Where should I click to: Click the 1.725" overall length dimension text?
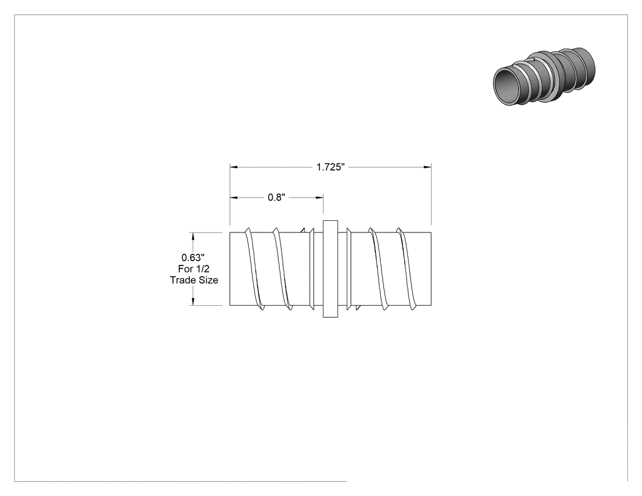point(331,167)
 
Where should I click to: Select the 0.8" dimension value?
point(276,198)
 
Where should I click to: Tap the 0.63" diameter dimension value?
point(193,257)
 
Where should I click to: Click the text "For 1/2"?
point(194,268)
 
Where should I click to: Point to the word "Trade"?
point(182,280)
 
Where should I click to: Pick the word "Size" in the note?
point(207,280)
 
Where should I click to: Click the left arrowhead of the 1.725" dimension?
point(234,167)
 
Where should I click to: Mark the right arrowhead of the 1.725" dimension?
point(427,167)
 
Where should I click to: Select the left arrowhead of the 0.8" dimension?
point(234,198)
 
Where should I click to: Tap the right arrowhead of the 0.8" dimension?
point(319,198)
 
